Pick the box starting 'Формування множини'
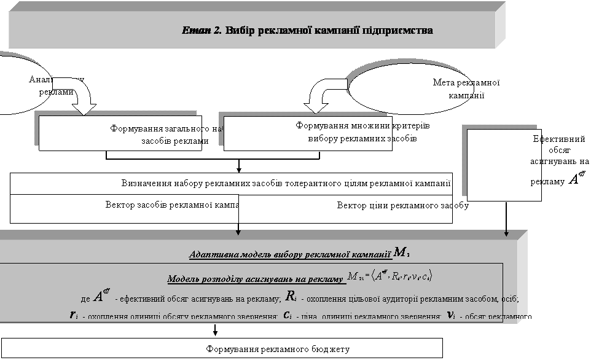pos(308,132)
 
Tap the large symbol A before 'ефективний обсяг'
pos(100,297)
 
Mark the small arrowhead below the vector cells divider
pos(238,232)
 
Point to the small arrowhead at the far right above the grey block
pos(506,232)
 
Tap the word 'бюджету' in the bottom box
pos(332,349)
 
